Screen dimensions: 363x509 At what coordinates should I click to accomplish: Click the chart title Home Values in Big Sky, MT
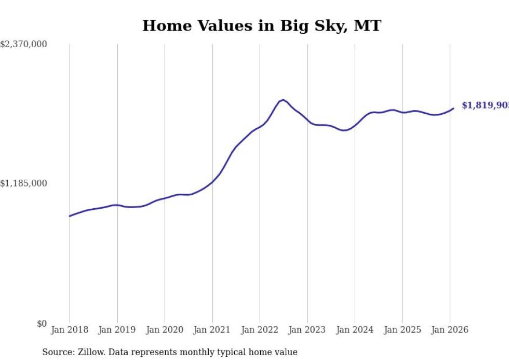262,26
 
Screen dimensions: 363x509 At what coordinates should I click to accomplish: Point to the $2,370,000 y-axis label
24,45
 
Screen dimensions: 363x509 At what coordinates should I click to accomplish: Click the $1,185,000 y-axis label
24,183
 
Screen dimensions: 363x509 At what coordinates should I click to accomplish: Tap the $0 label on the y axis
42,324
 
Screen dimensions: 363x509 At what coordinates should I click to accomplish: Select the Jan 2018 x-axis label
70,330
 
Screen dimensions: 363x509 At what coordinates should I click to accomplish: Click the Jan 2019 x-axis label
117,330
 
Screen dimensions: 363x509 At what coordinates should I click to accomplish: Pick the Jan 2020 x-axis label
165,330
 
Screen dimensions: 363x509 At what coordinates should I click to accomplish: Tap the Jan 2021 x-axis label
212,330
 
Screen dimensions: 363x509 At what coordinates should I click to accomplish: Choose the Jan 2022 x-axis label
260,330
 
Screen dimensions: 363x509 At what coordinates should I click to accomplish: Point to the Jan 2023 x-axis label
307,330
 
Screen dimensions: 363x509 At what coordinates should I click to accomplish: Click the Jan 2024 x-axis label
355,330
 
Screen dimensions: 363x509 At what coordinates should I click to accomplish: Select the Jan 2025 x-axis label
402,330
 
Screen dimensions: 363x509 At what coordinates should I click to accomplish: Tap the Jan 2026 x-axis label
450,330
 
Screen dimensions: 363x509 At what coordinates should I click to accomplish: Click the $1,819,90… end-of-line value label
485,105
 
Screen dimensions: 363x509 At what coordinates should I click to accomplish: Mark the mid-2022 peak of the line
283,100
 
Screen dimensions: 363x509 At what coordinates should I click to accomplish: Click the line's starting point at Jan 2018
70,216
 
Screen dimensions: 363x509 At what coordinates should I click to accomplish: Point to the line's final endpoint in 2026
453,109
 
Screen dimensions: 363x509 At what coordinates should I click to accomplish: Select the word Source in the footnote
56,353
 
